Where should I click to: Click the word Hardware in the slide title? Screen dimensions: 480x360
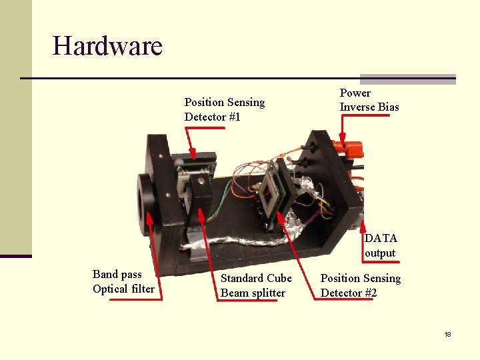pyautogui.click(x=107, y=46)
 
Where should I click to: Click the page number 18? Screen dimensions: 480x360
pyautogui.click(x=447, y=334)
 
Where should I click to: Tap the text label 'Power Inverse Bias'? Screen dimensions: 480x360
pyautogui.click(x=369, y=100)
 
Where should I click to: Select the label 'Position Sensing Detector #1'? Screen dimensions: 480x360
pyautogui.click(x=224, y=109)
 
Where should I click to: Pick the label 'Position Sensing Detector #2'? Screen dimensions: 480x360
pyautogui.click(x=360, y=285)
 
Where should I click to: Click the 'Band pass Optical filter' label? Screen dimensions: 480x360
pyautogui.click(x=123, y=281)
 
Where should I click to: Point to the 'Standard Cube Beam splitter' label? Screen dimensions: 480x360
pyautogui.click(x=256, y=285)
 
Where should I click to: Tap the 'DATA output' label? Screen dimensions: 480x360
pyautogui.click(x=380, y=245)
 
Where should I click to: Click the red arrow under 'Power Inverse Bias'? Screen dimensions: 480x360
pyautogui.click(x=342, y=130)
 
